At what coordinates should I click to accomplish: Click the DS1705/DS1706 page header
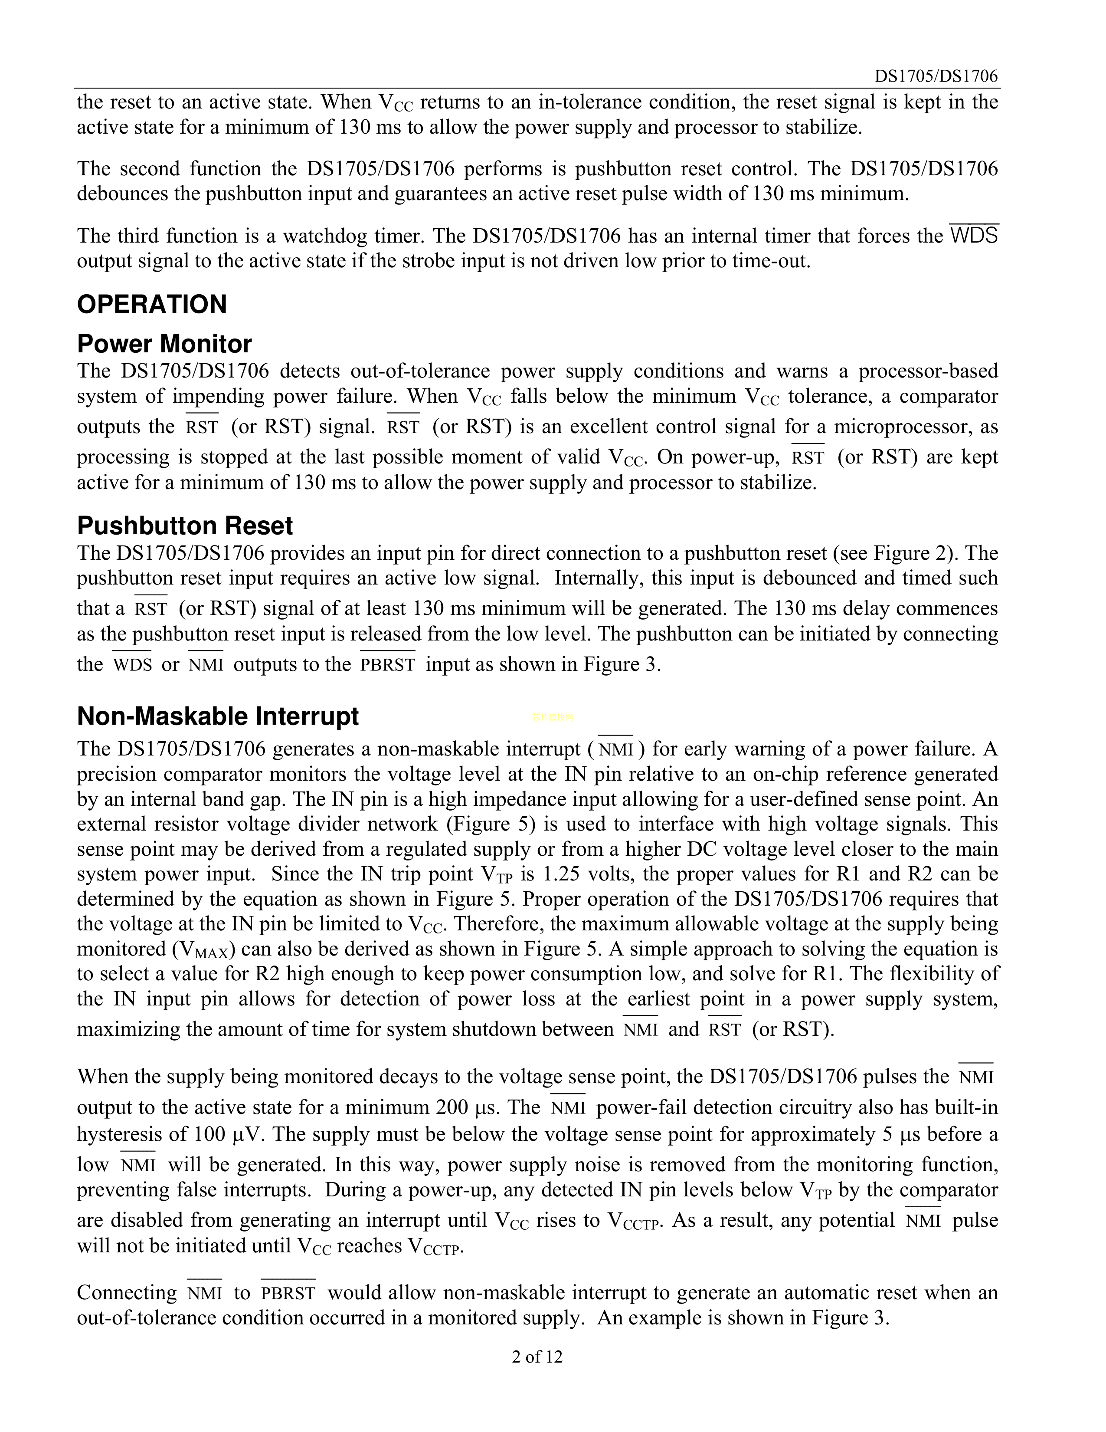click(936, 77)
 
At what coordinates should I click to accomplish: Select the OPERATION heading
click(152, 304)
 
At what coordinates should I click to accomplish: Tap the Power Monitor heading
click(164, 344)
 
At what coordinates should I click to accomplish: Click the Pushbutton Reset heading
click(185, 526)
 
